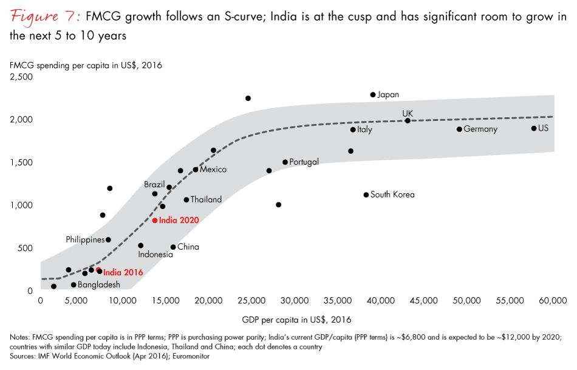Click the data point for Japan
coord(373,95)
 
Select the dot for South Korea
coord(366,195)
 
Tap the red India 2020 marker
coord(155,221)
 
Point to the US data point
coord(534,128)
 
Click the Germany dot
coord(459,129)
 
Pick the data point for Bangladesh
coord(73,284)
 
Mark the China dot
coord(173,247)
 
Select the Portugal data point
coord(285,162)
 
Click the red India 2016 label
coord(123,273)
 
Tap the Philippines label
coord(85,240)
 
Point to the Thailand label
coord(206,199)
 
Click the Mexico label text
coord(213,170)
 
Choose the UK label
coord(408,113)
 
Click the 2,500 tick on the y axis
coord(22,77)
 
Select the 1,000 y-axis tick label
coord(22,205)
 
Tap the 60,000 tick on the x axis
coord(554,300)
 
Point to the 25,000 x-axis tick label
coord(254,300)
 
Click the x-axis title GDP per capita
coord(296,319)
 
